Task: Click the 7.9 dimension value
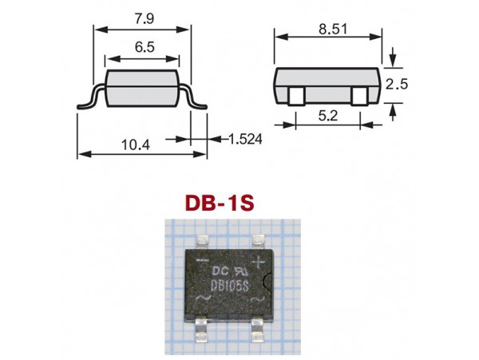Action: [x=144, y=18]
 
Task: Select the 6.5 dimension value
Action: [x=144, y=47]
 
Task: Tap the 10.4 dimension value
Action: [x=136, y=144]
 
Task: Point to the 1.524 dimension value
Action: [x=245, y=139]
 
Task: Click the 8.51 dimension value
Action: [x=333, y=30]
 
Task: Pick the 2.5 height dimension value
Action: [x=397, y=85]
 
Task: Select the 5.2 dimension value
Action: [x=328, y=116]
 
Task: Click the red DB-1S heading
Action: [x=220, y=204]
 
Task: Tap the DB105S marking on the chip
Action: [x=231, y=287]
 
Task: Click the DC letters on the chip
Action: [x=220, y=271]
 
